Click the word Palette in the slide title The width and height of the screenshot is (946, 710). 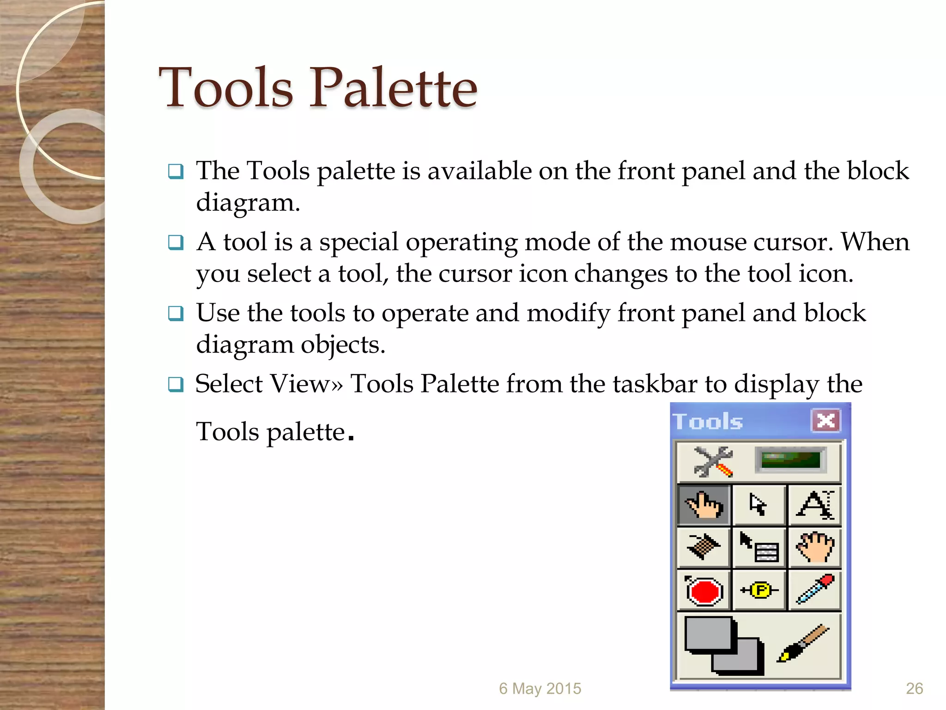pyautogui.click(x=393, y=88)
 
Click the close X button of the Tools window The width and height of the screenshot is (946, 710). pyautogui.click(x=825, y=421)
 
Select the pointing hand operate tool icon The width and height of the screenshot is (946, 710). pyautogui.click(x=704, y=505)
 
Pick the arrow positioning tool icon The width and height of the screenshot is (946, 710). pyautogui.click(x=758, y=505)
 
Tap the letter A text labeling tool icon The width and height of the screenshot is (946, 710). pyautogui.click(x=815, y=505)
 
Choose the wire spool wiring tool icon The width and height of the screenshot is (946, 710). pyautogui.click(x=703, y=547)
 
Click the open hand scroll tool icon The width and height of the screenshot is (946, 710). pyautogui.click(x=815, y=547)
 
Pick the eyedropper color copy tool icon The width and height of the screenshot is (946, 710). pyautogui.click(x=815, y=589)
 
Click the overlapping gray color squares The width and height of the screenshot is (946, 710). pyautogui.click(x=723, y=645)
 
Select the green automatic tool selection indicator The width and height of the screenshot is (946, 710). pyautogui.click(x=790, y=460)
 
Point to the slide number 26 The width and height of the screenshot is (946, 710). pyautogui.click(x=914, y=688)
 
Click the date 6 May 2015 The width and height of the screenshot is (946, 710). pyautogui.click(x=540, y=688)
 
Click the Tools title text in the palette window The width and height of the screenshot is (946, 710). pyautogui.click(x=708, y=422)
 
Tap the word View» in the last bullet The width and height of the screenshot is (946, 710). pyautogui.click(x=307, y=384)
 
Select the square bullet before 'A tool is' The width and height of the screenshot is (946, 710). pyautogui.click(x=176, y=242)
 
